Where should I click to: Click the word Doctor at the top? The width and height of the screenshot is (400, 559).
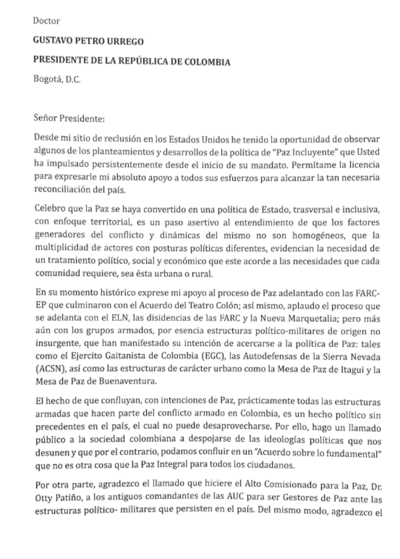46,21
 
